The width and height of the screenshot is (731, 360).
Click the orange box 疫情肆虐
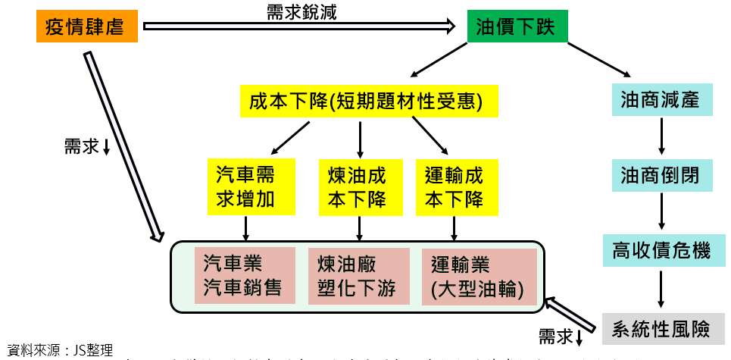tap(86, 29)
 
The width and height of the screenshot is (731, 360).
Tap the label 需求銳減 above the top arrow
tap(301, 11)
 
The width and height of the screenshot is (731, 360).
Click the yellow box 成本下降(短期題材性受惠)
tap(365, 101)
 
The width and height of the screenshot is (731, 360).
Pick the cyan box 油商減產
tap(661, 99)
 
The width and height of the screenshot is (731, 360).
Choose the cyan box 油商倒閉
tap(661, 177)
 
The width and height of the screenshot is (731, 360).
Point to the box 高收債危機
tap(661, 250)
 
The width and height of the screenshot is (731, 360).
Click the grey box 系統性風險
tap(661, 329)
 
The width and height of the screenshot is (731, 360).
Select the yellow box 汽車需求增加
tap(245, 187)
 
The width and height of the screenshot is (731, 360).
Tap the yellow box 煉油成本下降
tap(357, 187)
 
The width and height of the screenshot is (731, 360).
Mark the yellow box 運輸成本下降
tap(454, 187)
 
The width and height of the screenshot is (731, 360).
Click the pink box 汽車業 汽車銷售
tap(245, 275)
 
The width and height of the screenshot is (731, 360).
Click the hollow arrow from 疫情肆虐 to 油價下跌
tap(298, 27)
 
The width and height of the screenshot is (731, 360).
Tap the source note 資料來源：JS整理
tap(59, 351)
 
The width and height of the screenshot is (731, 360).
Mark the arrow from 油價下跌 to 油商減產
tap(598, 59)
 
